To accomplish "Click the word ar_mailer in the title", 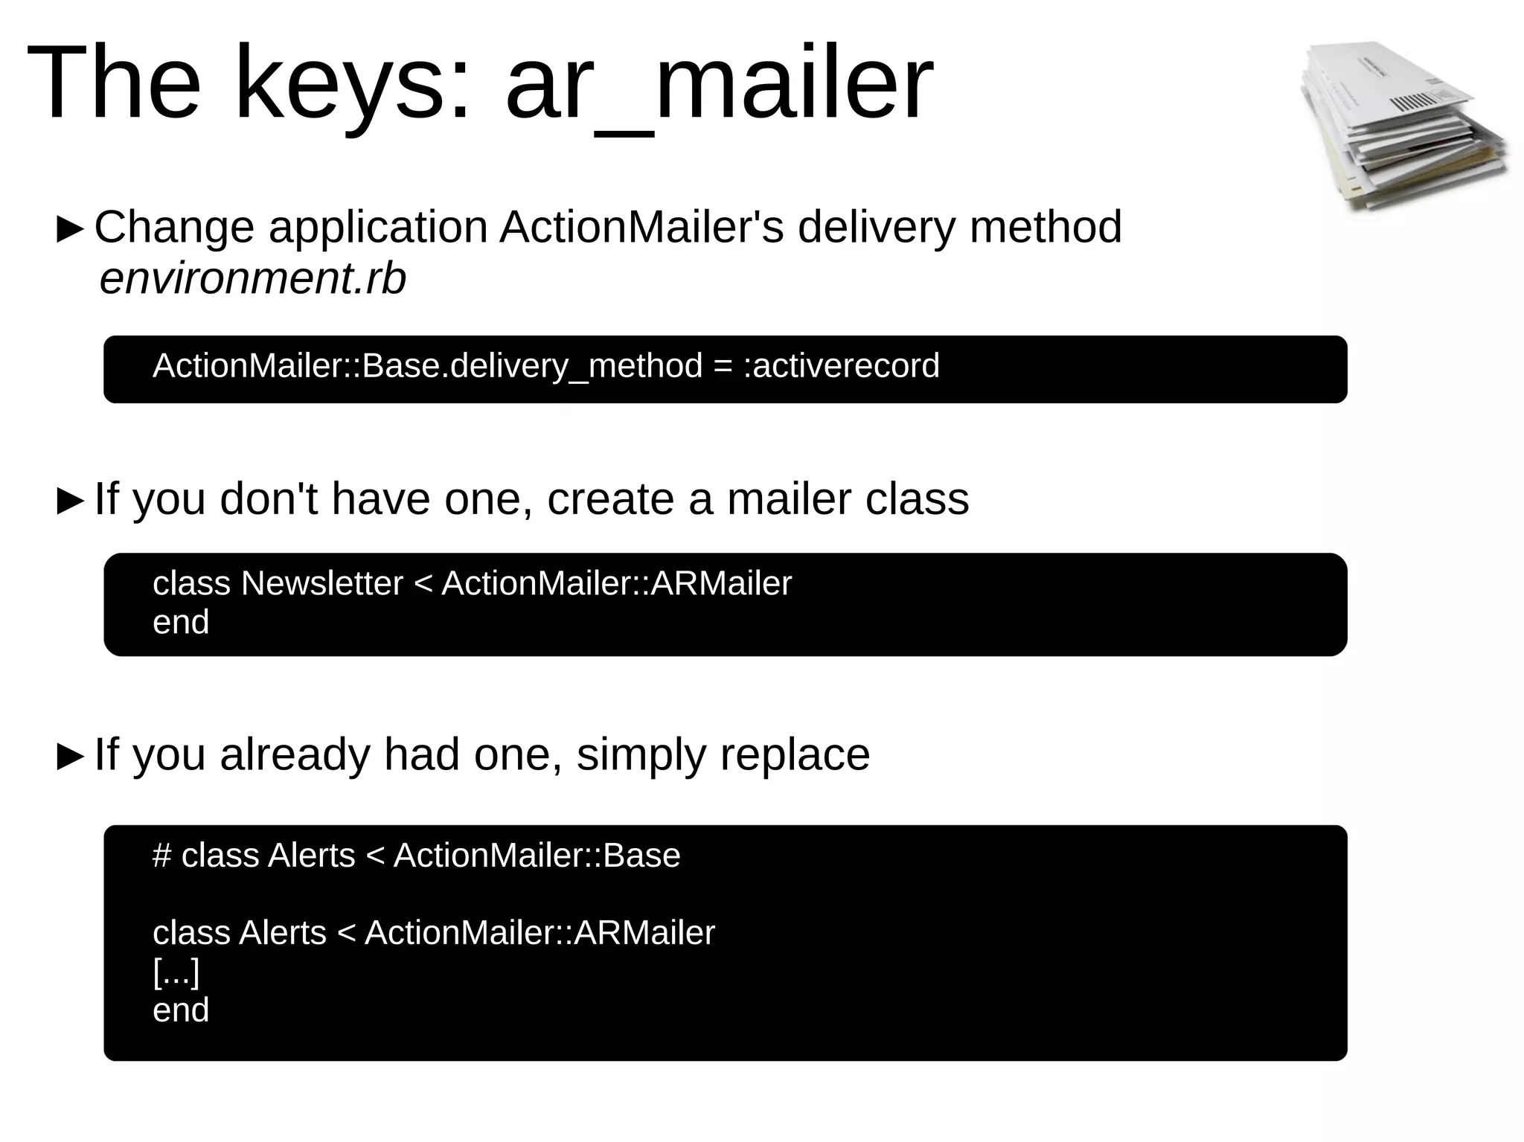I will [718, 83].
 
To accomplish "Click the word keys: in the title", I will [353, 83].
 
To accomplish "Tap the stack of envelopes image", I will [1403, 126].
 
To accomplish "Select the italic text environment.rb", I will [253, 279].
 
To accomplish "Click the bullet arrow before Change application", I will [71, 230].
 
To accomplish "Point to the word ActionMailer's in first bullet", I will [641, 227].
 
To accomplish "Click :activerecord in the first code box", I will [842, 366].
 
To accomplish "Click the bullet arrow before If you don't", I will [71, 501].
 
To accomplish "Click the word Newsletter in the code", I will [321, 583].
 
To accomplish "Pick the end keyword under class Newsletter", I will [181, 623].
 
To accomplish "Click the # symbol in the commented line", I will [161, 856].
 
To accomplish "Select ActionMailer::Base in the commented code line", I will [537, 856].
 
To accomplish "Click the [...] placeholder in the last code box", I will [176, 972].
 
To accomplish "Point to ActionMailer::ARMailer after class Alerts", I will [540, 933].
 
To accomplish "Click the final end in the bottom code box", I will [181, 1011].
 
